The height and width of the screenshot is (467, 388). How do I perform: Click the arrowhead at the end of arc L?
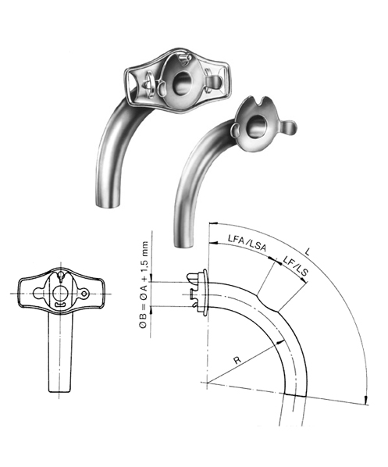click(x=365, y=401)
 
